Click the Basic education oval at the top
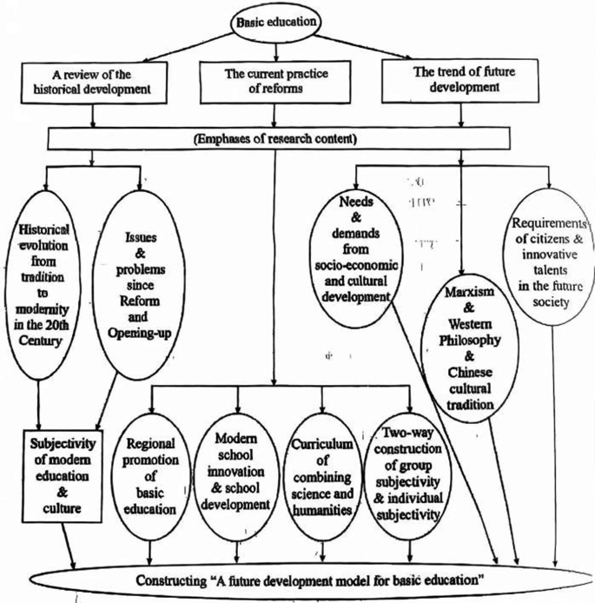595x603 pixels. coord(296,18)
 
